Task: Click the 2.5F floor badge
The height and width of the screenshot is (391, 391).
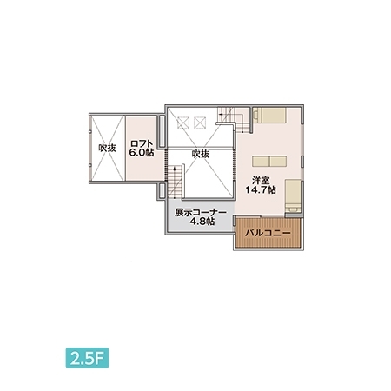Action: tap(87, 358)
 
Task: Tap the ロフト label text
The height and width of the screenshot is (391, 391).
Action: tap(142, 144)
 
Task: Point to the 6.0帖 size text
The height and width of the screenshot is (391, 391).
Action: tap(142, 153)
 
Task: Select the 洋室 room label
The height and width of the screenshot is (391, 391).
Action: tap(261, 181)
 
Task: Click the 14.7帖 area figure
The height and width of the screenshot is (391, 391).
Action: tap(261, 190)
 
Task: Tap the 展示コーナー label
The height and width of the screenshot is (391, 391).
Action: tap(201, 213)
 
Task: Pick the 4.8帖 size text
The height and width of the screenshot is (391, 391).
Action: tap(202, 222)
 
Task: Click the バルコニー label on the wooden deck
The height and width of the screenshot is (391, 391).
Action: tap(268, 233)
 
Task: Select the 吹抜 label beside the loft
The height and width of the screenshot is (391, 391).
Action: tap(107, 148)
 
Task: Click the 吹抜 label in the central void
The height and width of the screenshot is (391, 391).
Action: tap(201, 154)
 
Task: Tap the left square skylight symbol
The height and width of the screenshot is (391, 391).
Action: tap(182, 123)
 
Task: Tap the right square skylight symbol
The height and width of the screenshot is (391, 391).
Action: tap(200, 123)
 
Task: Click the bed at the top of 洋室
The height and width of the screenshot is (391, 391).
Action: tap(269, 115)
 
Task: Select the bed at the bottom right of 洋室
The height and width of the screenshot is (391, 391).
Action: tap(293, 196)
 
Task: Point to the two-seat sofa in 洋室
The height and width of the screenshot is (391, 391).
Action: tap(269, 162)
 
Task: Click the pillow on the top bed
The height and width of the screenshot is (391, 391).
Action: tap(256, 115)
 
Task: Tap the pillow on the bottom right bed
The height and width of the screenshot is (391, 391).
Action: tap(293, 209)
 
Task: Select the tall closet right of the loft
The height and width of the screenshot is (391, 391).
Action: tap(162, 131)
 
